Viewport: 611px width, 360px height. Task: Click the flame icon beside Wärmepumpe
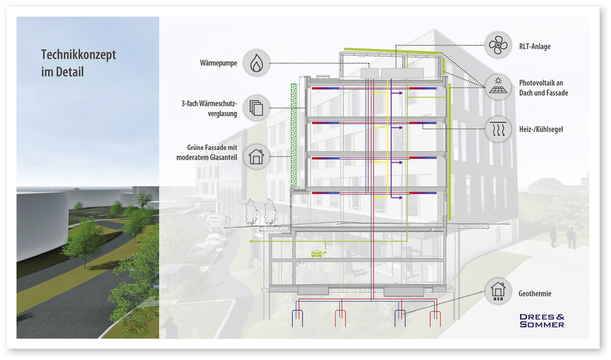click(256, 62)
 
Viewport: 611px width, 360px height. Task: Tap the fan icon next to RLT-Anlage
click(498, 46)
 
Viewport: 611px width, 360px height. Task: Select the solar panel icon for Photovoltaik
click(498, 87)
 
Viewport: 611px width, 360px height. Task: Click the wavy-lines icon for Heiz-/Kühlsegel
click(498, 129)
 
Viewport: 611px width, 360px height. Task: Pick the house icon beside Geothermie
click(498, 289)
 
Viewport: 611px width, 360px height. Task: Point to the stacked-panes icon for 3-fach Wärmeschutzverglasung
click(256, 108)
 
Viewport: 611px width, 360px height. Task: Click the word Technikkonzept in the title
click(79, 54)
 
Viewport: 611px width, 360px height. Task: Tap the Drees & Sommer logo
click(542, 320)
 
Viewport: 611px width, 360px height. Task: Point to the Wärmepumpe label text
click(219, 64)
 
